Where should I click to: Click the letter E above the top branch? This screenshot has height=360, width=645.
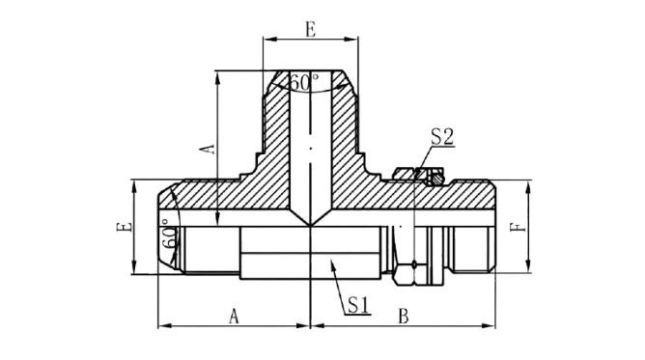311,30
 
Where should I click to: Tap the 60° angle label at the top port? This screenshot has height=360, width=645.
304,83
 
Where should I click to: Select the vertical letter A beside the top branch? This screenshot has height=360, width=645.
210,150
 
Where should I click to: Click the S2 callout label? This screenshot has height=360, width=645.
442,137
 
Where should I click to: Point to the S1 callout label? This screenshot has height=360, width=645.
358,305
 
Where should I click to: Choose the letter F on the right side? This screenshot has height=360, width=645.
518,227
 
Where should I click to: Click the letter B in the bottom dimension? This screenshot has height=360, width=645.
404,317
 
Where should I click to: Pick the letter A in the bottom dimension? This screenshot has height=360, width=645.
234,317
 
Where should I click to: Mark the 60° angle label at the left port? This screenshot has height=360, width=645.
170,236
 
